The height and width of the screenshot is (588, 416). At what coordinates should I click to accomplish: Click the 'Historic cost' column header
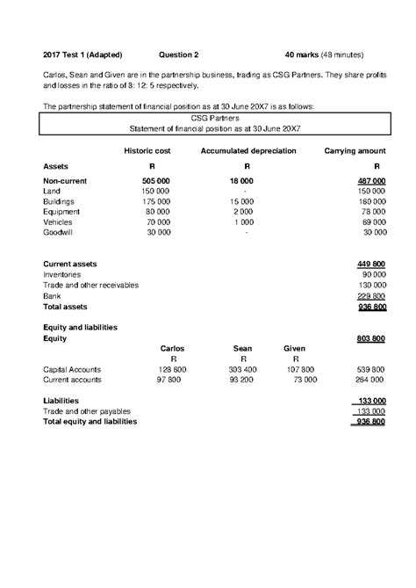point(147,151)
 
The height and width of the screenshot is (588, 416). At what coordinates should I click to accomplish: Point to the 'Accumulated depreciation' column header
point(248,151)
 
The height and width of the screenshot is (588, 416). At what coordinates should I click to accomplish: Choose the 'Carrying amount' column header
point(356,151)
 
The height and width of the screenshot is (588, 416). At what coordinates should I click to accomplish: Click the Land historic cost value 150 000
point(154,191)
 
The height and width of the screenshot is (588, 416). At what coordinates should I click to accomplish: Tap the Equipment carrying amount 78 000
point(373,212)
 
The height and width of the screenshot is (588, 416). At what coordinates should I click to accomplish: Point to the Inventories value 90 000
point(373,275)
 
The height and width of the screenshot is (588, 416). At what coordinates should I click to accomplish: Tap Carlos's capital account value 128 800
point(172,369)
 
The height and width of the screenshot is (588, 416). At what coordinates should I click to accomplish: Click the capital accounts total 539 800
point(369,369)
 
